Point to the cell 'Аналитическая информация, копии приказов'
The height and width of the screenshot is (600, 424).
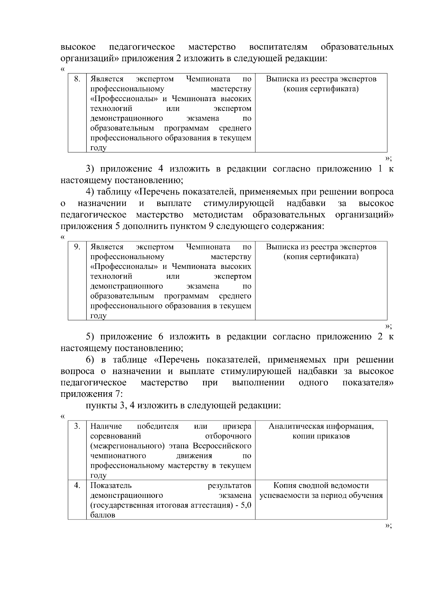pyautogui.click(x=321, y=431)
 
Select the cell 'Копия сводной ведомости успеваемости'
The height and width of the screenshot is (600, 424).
pyautogui.click(x=321, y=490)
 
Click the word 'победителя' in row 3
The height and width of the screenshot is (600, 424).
pyautogui.click(x=158, y=426)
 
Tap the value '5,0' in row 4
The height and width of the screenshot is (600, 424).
pyautogui.click(x=246, y=505)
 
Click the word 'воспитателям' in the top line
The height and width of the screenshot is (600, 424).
pyautogui.click(x=278, y=47)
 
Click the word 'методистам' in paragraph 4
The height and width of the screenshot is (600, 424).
pyautogui.click(x=218, y=215)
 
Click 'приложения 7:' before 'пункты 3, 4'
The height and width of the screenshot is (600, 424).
pyautogui.click(x=92, y=394)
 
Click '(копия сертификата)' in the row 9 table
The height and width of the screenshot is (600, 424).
pyautogui.click(x=321, y=257)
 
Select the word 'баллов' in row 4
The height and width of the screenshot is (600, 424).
pyautogui.click(x=103, y=515)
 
